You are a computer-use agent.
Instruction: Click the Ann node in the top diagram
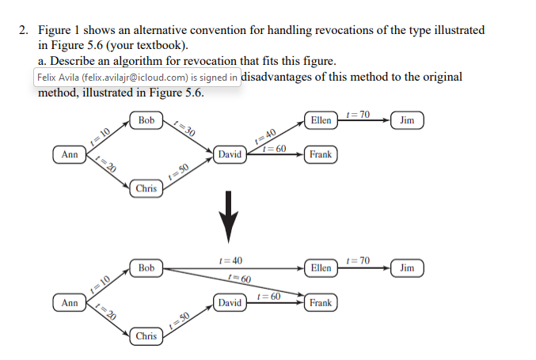70,154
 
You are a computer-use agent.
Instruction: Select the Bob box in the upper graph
146,120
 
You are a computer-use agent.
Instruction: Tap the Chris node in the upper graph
146,188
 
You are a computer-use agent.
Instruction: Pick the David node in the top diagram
230,154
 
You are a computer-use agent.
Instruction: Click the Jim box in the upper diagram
407,120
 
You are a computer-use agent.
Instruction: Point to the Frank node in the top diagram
321,154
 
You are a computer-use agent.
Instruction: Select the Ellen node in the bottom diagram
321,268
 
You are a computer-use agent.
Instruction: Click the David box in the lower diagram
230,302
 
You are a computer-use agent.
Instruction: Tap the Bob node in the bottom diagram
146,268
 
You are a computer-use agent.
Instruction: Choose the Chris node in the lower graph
146,336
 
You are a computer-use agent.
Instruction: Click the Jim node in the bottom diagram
407,268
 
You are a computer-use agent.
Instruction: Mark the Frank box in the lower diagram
321,302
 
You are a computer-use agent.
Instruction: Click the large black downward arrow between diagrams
230,217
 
